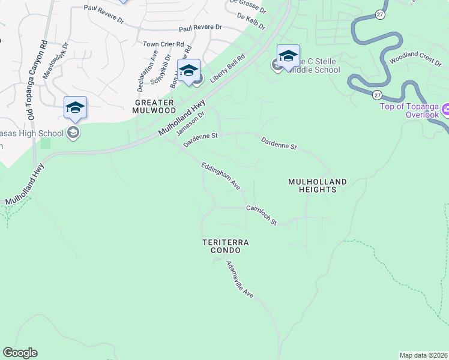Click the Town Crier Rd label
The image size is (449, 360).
(163, 44)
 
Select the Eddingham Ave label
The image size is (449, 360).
(220, 176)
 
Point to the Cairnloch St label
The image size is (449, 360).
(261, 215)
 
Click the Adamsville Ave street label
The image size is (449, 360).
(240, 280)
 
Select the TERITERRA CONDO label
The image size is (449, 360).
(225, 246)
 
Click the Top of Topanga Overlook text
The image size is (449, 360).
(410, 110)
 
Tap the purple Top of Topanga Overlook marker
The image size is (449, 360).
(445, 110)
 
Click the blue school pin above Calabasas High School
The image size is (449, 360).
(75, 107)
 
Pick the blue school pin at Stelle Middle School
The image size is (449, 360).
(288, 56)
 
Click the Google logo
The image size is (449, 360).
(20, 353)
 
